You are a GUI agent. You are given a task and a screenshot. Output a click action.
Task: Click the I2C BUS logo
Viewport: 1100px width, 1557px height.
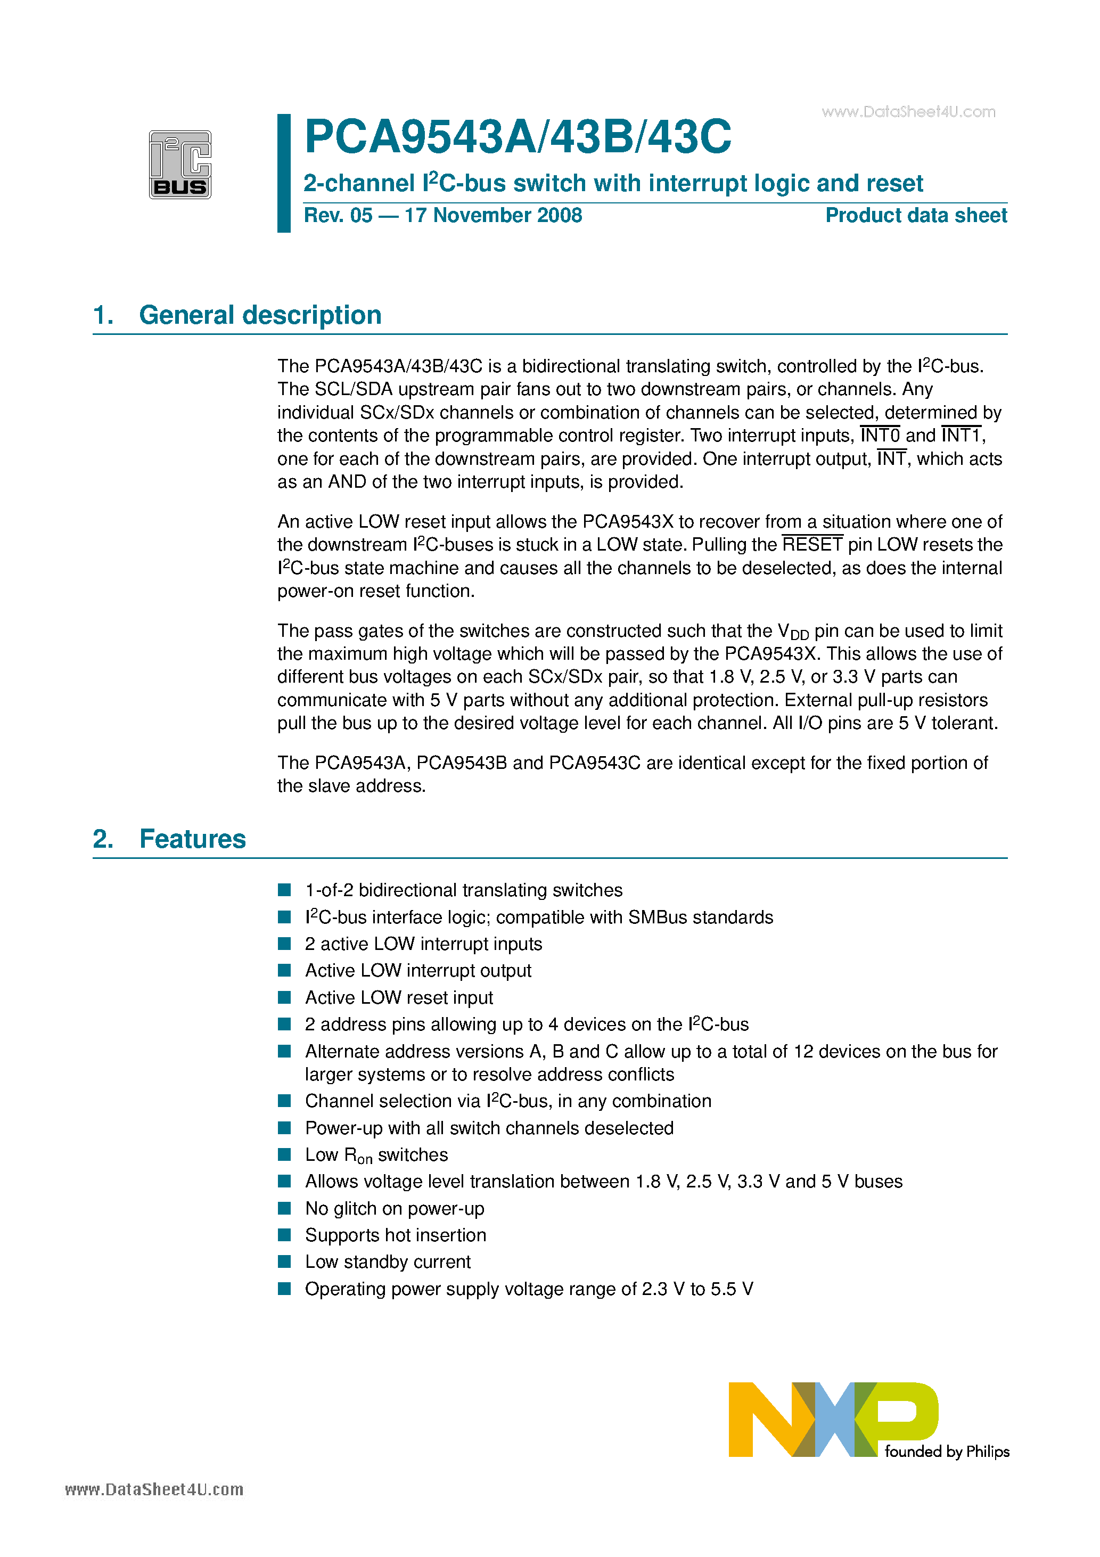point(180,164)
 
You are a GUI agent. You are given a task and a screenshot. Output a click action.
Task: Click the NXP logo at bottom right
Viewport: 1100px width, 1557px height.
point(833,1419)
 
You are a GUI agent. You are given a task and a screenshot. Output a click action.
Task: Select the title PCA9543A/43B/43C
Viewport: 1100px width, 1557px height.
point(518,137)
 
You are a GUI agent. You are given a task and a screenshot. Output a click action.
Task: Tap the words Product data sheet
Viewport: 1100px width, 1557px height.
point(916,216)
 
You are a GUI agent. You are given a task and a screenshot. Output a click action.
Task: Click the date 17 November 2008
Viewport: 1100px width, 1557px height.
point(493,216)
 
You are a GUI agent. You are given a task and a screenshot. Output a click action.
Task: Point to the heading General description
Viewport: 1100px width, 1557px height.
point(260,315)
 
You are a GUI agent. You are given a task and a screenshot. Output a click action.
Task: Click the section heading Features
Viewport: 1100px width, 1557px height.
point(193,839)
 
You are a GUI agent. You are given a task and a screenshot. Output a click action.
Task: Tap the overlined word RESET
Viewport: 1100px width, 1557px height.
point(812,545)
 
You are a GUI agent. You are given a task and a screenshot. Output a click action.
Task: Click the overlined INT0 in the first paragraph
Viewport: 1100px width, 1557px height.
point(880,436)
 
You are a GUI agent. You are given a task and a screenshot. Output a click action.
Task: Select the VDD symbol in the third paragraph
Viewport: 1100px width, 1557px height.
point(793,632)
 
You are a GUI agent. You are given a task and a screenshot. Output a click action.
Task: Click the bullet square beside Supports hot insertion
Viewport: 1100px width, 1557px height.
point(285,1235)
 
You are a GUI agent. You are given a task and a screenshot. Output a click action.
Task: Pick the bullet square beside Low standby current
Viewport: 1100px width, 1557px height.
point(285,1261)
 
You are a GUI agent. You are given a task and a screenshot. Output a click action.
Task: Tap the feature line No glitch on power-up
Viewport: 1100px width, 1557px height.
point(395,1208)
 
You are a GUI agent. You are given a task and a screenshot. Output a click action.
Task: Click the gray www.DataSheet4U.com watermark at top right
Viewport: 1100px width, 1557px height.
point(908,112)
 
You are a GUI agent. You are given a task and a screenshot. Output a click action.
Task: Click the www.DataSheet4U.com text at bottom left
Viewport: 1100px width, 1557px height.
point(154,1489)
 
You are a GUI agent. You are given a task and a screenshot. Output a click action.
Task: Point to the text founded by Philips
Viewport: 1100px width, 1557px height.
point(947,1451)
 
